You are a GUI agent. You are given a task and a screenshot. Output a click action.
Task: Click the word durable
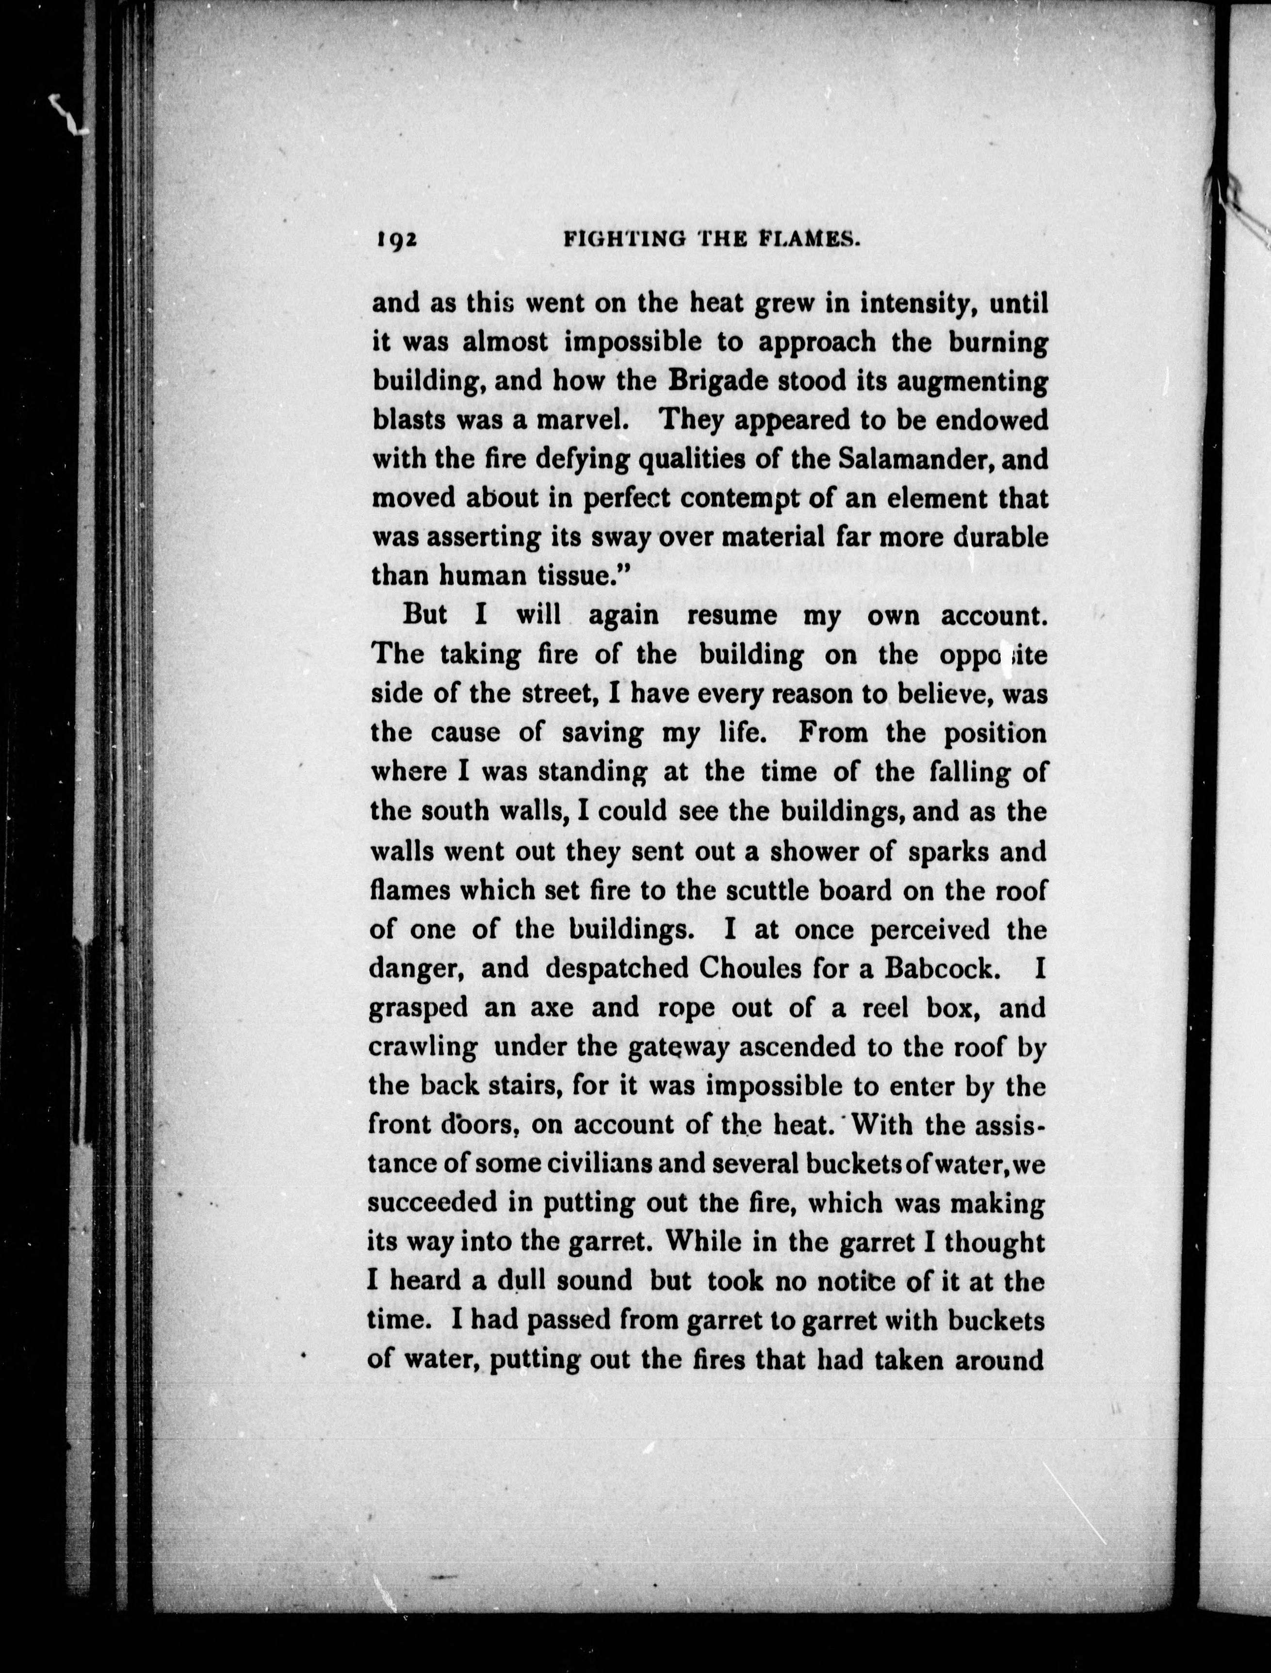[x=1000, y=537]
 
